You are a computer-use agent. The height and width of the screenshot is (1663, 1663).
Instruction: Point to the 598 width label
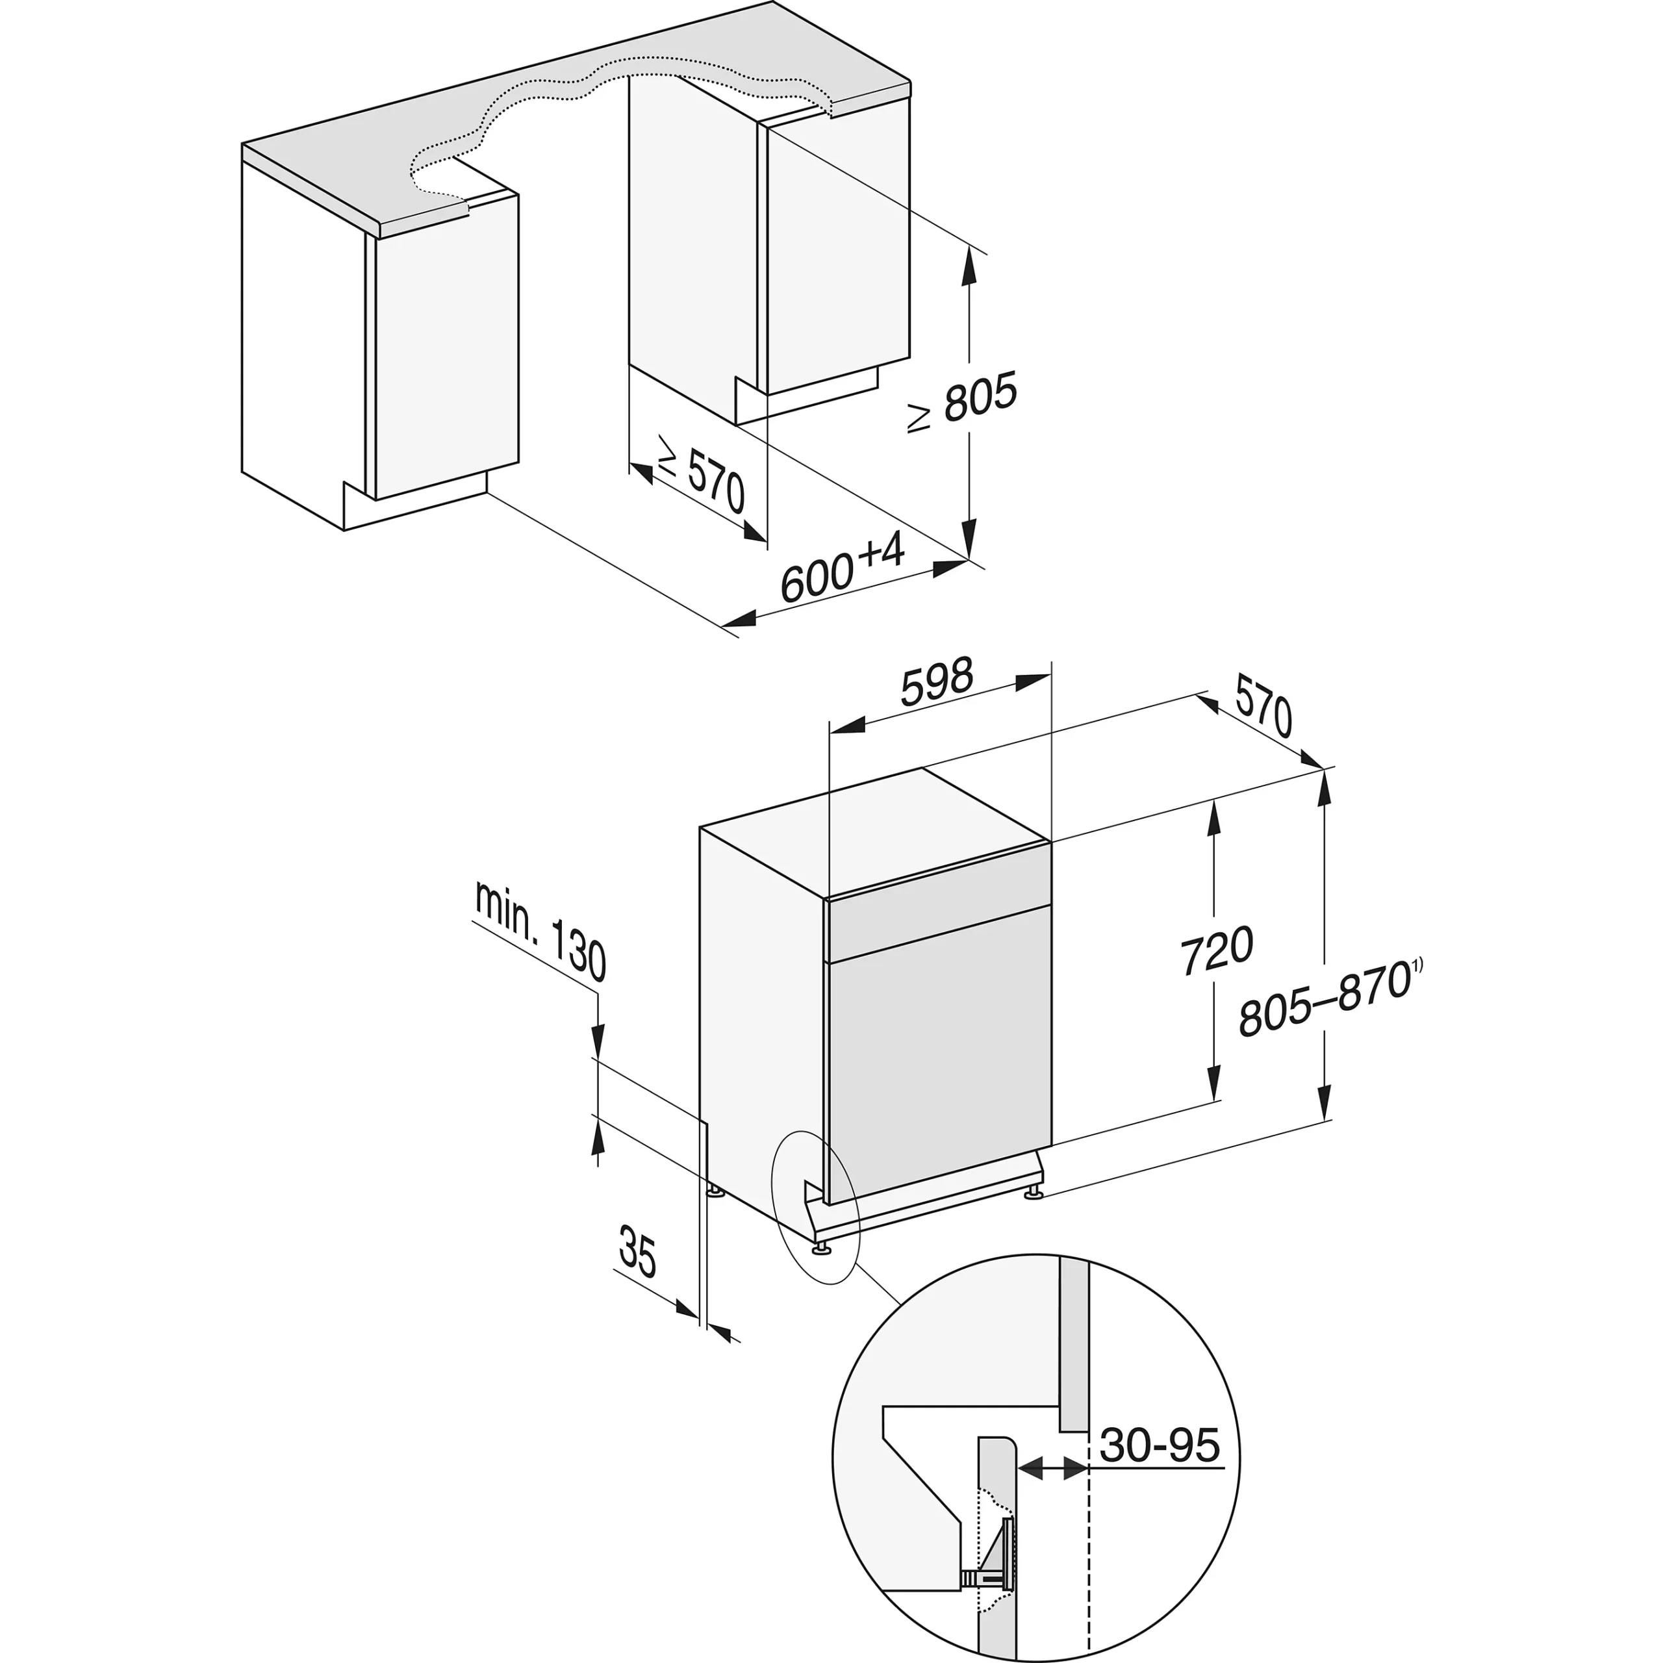[937, 681]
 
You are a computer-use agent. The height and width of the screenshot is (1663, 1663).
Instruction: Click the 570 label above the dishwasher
[1263, 706]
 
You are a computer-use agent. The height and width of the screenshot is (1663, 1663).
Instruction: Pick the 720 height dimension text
[1216, 950]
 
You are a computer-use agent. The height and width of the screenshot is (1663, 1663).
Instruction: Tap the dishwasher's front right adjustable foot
[1033, 1191]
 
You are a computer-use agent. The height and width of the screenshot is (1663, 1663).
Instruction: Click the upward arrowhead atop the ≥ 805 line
[969, 266]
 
